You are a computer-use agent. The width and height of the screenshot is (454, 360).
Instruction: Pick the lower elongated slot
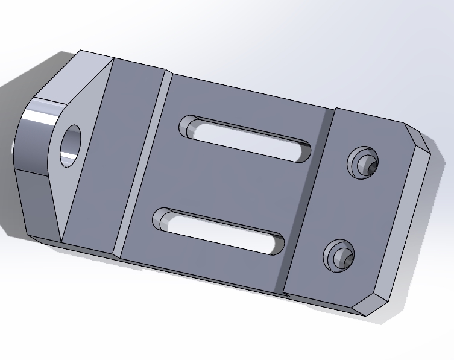coord(220,232)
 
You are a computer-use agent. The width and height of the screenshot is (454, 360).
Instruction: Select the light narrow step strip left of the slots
coord(142,163)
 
